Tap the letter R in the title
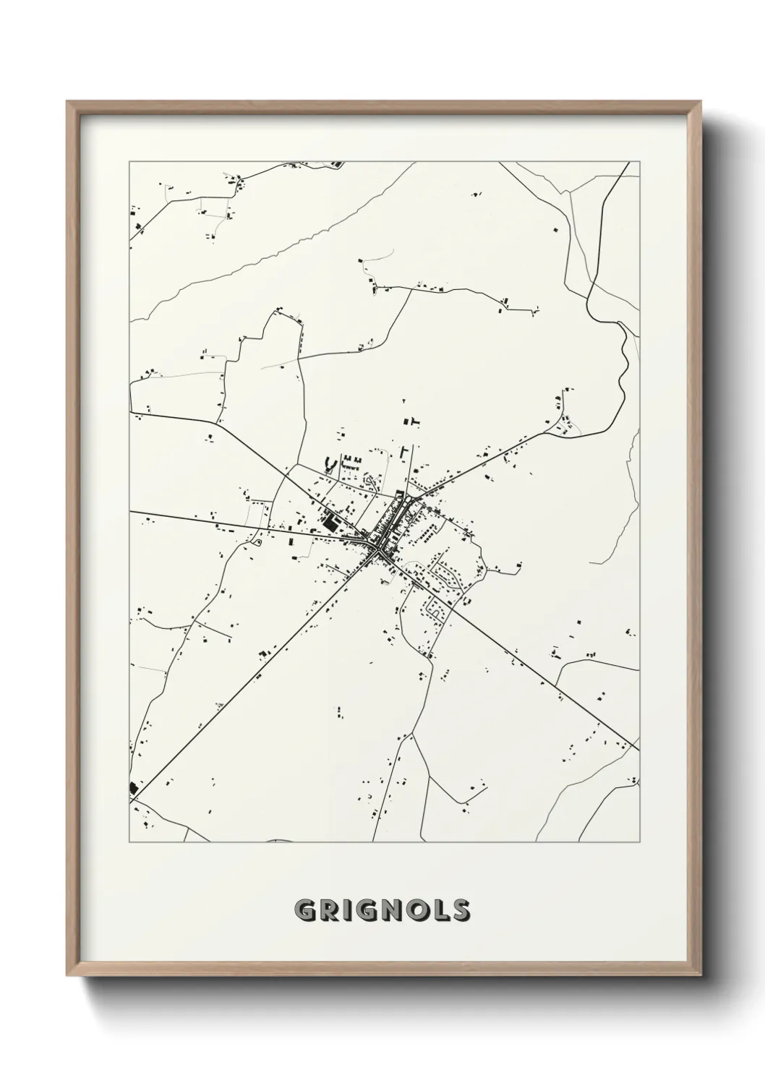coord(330,911)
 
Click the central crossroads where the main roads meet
coord(379,553)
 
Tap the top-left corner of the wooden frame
coord(68,102)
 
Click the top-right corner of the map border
coord(639,162)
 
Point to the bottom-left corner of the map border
coord(129,842)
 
